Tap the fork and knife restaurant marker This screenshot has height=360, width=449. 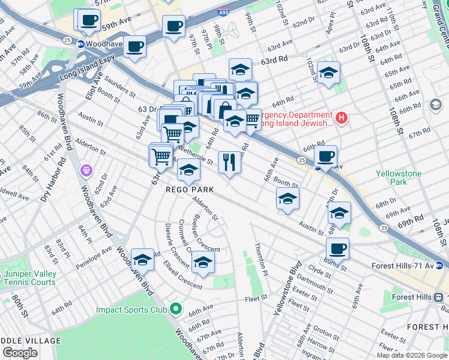coord(229,162)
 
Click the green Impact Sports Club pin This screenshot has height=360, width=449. coord(175,310)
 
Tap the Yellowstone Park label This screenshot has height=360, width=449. coord(399,178)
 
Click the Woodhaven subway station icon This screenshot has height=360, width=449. coord(80,44)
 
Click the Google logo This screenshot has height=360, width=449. coord(20,353)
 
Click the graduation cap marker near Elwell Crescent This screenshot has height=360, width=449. coord(203,262)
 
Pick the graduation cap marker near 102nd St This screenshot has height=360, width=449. coord(328,73)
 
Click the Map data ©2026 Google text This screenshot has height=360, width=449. coord(411,355)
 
